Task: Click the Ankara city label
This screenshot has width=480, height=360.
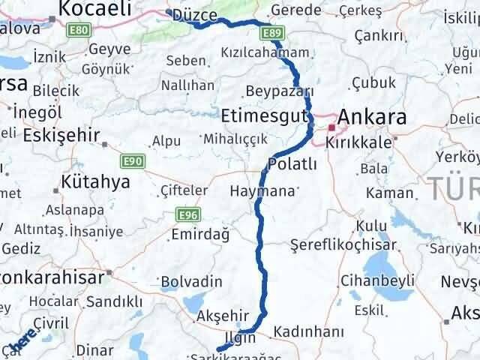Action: [373, 117]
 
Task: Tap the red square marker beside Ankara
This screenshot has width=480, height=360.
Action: [331, 128]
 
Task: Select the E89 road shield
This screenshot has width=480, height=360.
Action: [272, 33]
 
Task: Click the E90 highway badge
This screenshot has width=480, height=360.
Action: [132, 160]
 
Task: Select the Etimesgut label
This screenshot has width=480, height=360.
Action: [265, 115]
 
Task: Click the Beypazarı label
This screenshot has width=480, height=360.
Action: [279, 91]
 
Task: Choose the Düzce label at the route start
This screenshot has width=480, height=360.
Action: [194, 16]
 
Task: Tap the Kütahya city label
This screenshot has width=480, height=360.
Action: [95, 181]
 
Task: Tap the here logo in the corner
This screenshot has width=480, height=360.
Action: [20, 345]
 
